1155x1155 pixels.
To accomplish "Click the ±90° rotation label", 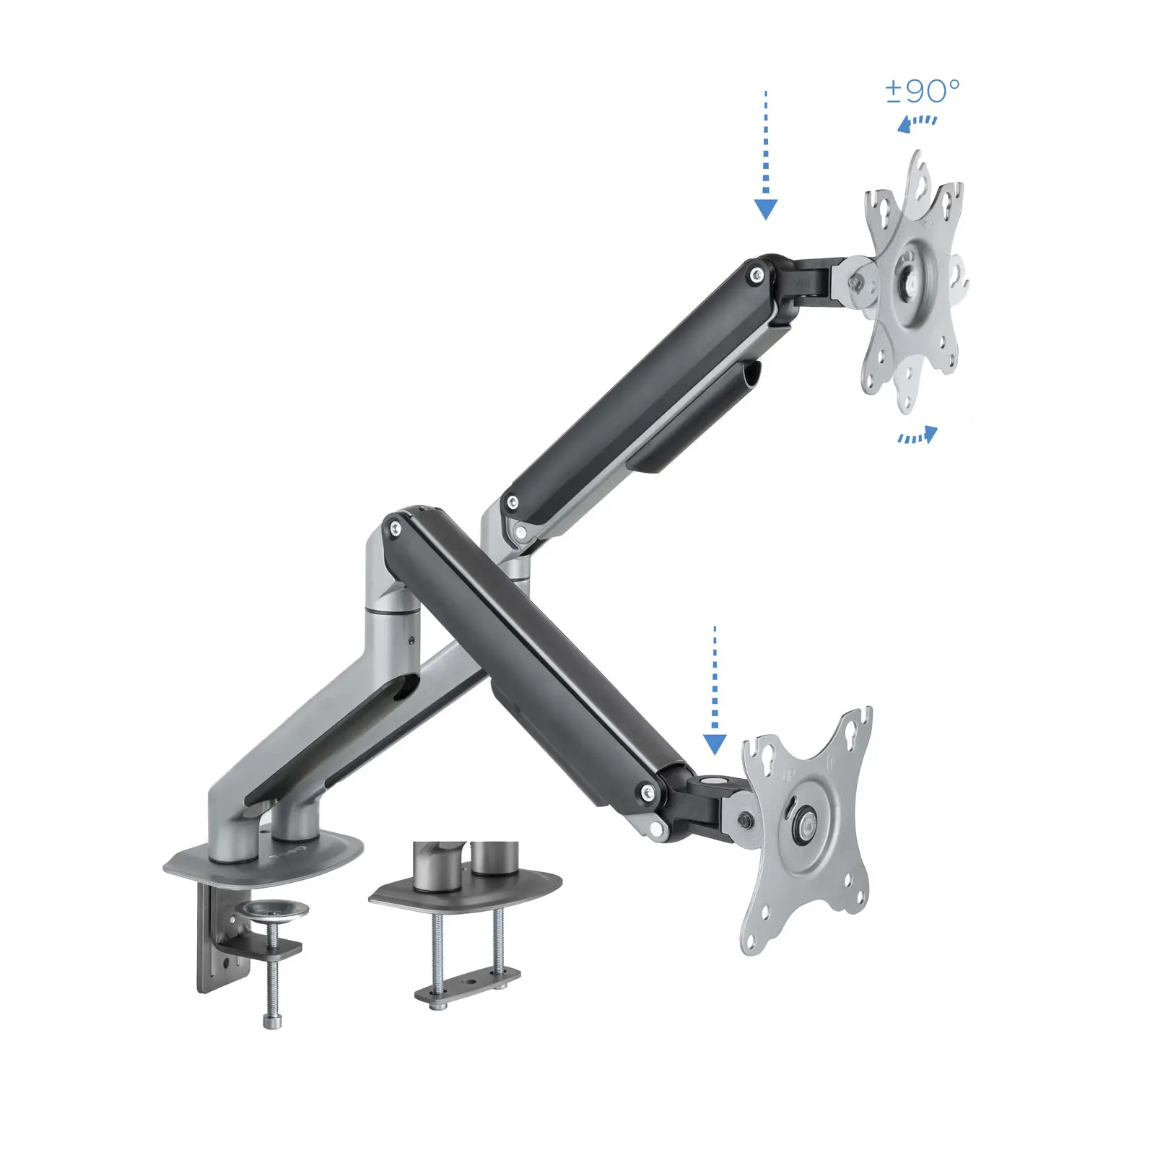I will (922, 91).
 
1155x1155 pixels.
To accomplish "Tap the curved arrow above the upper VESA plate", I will (916, 123).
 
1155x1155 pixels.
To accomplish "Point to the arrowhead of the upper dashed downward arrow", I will (765, 209).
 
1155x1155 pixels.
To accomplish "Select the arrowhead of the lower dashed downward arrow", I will (714, 744).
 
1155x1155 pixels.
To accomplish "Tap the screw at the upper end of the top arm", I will (756, 274).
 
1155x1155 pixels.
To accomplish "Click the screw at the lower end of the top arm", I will (513, 502).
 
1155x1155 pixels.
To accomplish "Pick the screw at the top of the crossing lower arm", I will (394, 528).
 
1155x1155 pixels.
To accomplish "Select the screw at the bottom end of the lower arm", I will (647, 793).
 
